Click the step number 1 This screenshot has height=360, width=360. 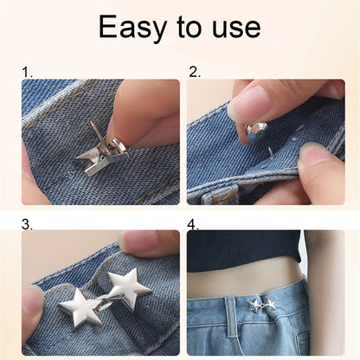[x=27, y=74]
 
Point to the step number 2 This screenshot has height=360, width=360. [x=194, y=74]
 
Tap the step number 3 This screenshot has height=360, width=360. [x=27, y=224]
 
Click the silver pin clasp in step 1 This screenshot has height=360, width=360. [x=102, y=151]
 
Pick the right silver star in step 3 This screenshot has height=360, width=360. [x=128, y=286]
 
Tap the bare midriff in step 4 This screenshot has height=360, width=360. [x=251, y=281]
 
